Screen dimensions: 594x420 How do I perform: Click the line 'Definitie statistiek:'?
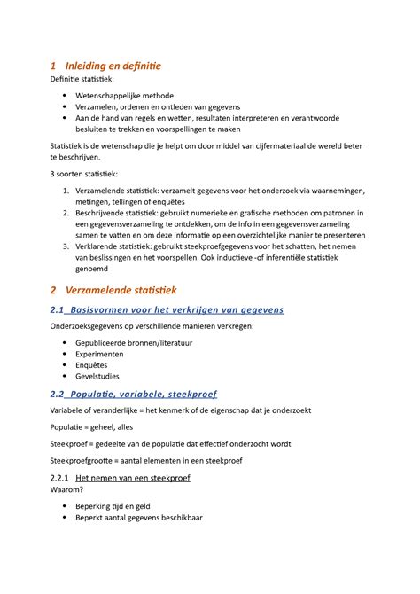(89, 81)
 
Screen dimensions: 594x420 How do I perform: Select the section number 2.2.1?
(61, 477)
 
